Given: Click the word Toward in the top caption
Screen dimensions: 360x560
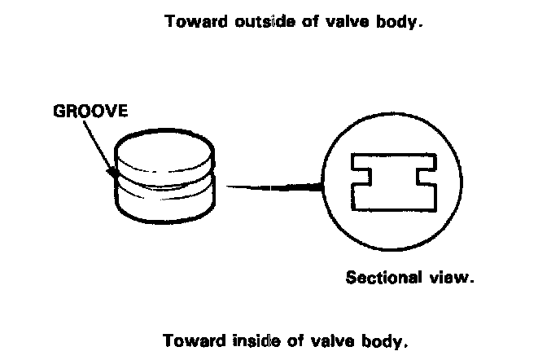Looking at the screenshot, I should pyautogui.click(x=193, y=22).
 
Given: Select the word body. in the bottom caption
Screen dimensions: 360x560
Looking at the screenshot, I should pyautogui.click(x=378, y=339).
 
